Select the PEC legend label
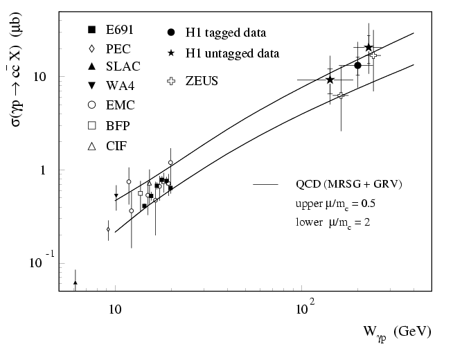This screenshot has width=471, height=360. tap(118, 48)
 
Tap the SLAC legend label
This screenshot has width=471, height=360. tap(123, 67)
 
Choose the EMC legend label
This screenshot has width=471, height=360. tap(120, 106)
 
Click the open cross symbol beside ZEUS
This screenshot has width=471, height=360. tap(171, 81)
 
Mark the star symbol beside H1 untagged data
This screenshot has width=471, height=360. tap(171, 53)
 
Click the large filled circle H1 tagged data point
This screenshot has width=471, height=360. tap(358, 65)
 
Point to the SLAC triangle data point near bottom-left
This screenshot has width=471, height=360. tap(75, 282)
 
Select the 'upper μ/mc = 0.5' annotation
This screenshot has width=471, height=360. tap(335, 205)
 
